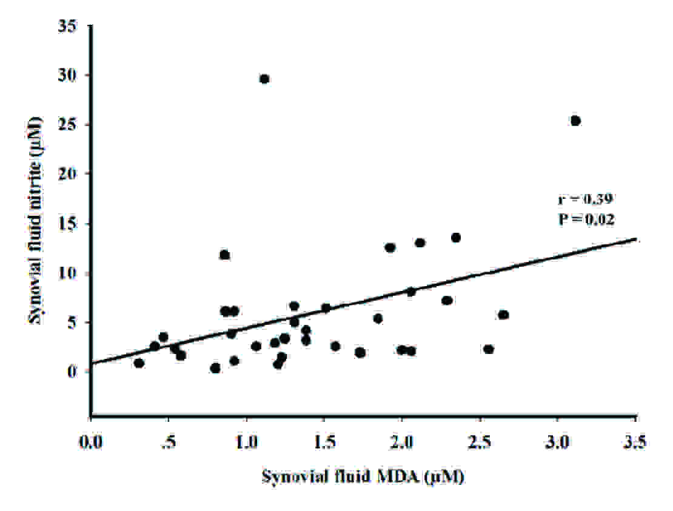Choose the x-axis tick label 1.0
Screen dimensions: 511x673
click(246, 439)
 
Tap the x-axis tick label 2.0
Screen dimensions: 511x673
click(402, 439)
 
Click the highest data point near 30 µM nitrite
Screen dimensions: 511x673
click(264, 79)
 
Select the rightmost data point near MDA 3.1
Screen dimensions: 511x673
click(575, 121)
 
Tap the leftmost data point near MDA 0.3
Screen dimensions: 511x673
click(139, 363)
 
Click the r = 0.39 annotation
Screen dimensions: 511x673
click(586, 198)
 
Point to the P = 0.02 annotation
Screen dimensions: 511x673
click(586, 219)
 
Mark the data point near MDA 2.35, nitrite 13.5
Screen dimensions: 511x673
click(456, 238)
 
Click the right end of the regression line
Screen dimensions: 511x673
click(635, 239)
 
